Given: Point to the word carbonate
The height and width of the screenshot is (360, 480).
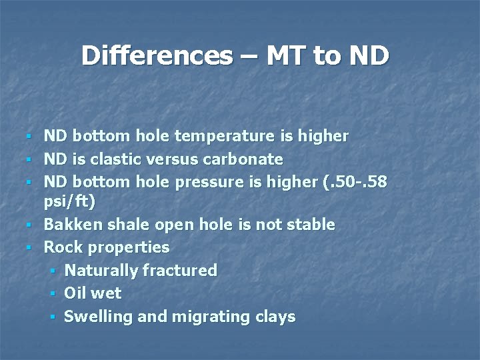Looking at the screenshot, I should pos(247,159).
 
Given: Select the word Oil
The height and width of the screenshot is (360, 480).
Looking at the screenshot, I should pos(76,293).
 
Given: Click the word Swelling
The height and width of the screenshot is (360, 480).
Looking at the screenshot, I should pos(98,317).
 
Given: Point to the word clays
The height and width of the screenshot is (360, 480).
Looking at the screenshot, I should pos(273,317).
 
